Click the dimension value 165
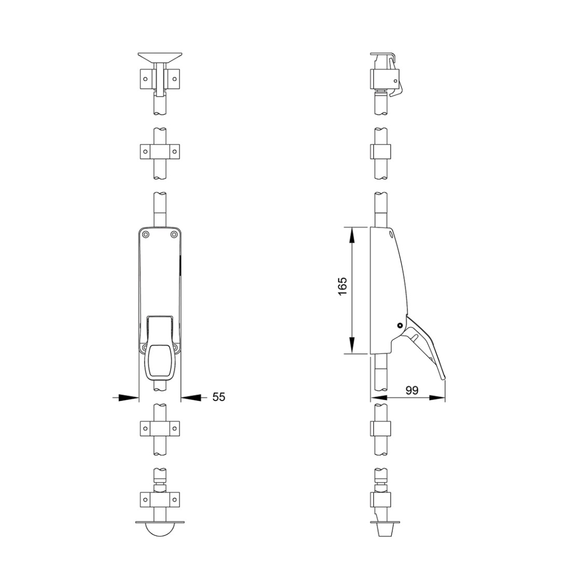[x=342, y=286]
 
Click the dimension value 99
[x=412, y=390]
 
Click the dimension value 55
[x=218, y=397]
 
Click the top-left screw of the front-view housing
[x=146, y=234]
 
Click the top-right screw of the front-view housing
[x=174, y=234]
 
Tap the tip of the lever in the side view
[x=444, y=378]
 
